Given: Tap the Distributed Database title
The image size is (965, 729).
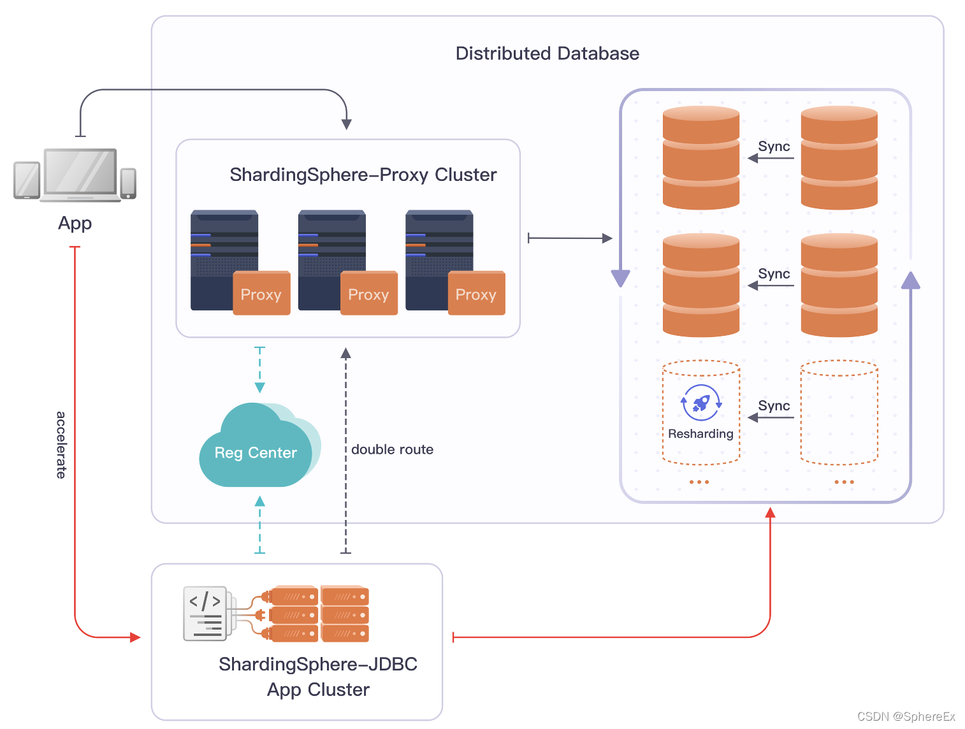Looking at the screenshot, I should [547, 54].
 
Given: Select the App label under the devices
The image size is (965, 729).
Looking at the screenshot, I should [75, 223].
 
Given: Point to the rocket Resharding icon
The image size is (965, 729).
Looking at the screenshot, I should [701, 403].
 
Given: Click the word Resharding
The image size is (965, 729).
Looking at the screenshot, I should [700, 434].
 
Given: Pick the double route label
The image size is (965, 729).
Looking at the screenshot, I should [392, 450].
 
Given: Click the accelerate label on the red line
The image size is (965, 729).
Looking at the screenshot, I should [61, 445].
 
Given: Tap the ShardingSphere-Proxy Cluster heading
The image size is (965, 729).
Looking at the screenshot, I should [363, 175].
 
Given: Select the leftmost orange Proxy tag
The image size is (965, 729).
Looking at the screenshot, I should [261, 294].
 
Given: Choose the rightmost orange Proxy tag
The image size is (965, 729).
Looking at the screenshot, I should [476, 294].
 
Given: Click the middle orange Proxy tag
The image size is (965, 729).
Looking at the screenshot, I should [368, 294].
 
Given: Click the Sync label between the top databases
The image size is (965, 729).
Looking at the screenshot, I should [774, 147].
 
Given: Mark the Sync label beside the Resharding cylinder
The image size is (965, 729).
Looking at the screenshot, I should [774, 406].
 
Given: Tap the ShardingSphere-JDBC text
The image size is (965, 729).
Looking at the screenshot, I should [317, 664].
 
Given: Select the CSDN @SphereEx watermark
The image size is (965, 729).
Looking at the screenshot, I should [906, 717].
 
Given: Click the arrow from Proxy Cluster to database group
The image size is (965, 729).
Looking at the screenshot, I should [569, 238].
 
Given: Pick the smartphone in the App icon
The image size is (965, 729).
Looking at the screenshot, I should [128, 183].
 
